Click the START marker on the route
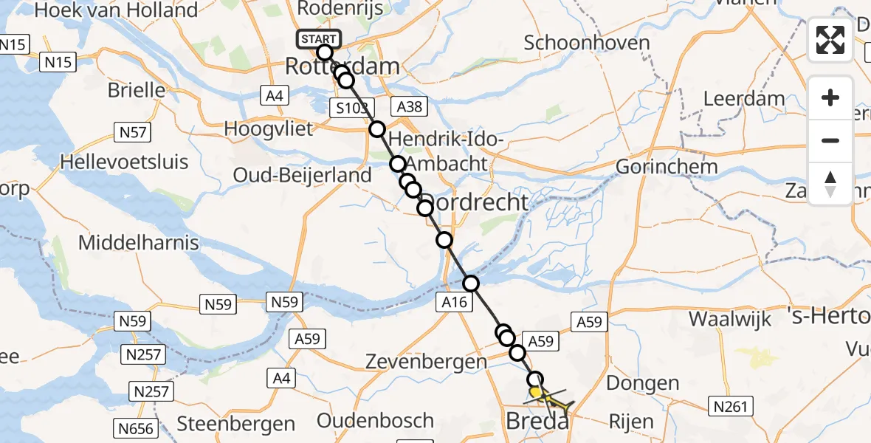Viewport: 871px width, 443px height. (x=319, y=38)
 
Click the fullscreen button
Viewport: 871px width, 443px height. (x=830, y=40)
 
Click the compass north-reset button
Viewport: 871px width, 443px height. (x=830, y=183)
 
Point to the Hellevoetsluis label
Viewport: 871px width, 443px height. (x=125, y=162)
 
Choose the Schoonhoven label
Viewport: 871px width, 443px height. (x=587, y=42)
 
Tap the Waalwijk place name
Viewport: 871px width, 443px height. (x=729, y=319)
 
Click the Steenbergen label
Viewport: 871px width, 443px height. (x=235, y=424)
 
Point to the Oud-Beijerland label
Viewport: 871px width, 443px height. (x=302, y=176)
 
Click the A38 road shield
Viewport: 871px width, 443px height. (x=409, y=106)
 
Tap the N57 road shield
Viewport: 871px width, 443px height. (x=134, y=132)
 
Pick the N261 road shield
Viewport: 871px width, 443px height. (x=730, y=405)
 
